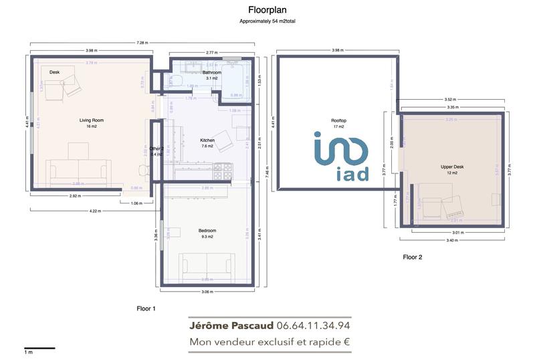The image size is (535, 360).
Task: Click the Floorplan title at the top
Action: tap(267, 10)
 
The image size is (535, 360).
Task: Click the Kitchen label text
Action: tap(207, 140)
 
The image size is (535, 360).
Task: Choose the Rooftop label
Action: tap(338, 120)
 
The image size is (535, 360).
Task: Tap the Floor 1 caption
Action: tap(146, 309)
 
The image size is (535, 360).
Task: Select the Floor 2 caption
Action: tap(412, 256)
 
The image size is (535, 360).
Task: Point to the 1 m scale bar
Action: tap(39, 347)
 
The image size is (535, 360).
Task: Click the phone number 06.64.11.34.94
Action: tap(313, 326)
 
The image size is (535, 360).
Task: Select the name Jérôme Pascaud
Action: tap(231, 326)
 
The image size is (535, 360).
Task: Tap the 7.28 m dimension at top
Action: tap(142, 43)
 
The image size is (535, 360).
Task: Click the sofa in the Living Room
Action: tap(80, 171)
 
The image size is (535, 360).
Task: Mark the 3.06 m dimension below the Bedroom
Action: tap(207, 292)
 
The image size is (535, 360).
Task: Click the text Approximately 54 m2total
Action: tap(267, 21)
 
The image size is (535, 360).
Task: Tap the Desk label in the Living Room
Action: tap(55, 72)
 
